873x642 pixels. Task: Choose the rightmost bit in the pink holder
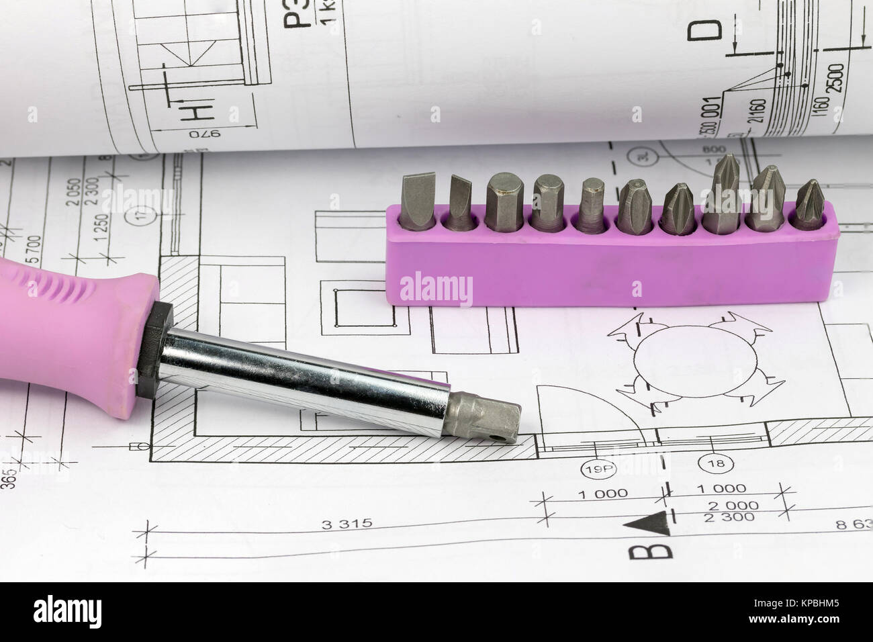810,202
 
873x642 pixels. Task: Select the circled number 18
710,463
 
